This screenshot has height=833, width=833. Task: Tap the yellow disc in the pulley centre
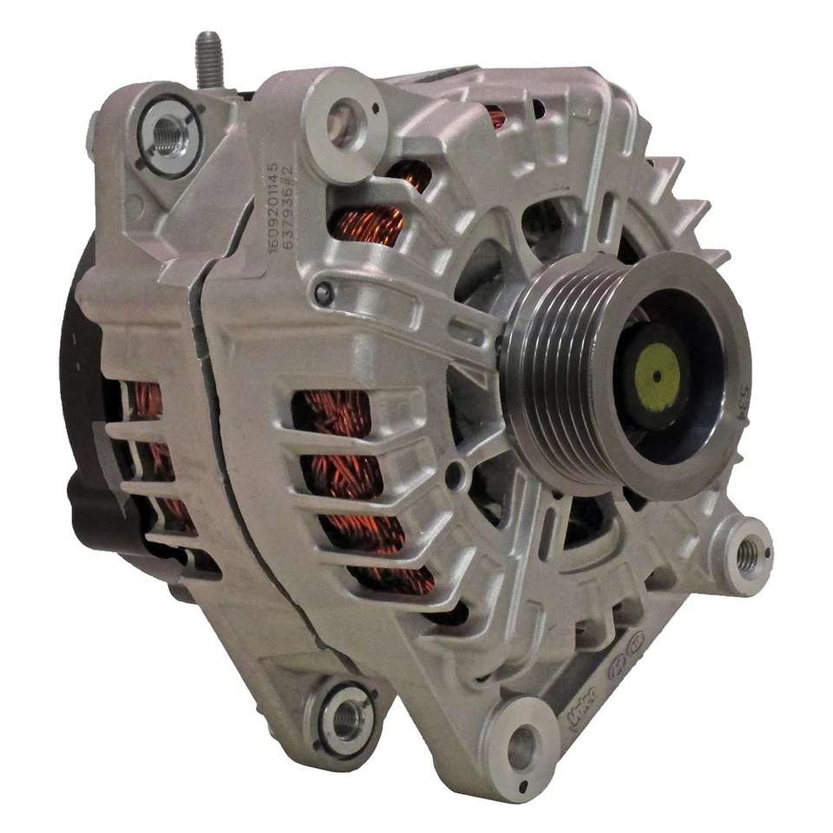pos(657,375)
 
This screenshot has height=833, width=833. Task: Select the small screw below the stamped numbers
pos(324,294)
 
